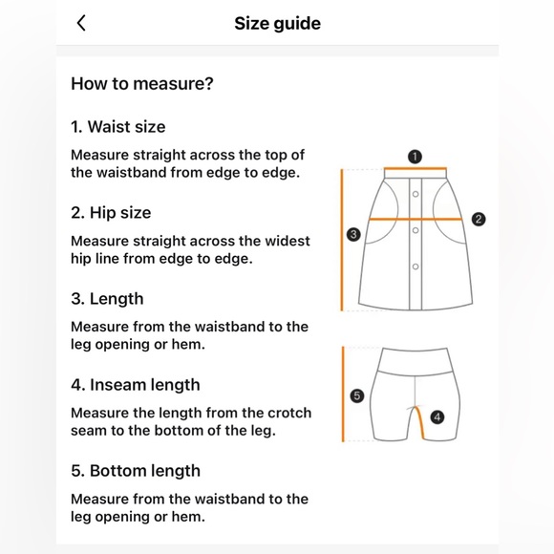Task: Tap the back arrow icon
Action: point(81,24)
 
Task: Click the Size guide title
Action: point(277,24)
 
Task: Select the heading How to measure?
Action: point(141,84)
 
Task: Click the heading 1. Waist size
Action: point(117,127)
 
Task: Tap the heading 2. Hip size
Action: point(111,213)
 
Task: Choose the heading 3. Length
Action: point(107,299)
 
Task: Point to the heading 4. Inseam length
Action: point(135,385)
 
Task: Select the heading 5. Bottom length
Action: point(135,471)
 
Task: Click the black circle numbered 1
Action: point(415,157)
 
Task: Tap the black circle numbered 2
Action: point(479,219)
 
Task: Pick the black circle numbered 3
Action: point(353,234)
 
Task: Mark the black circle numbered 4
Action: point(437,416)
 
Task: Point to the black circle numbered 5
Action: point(357,394)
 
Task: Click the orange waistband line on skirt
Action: point(415,169)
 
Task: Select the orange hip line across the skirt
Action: point(415,219)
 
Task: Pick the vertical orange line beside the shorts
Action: point(343,394)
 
